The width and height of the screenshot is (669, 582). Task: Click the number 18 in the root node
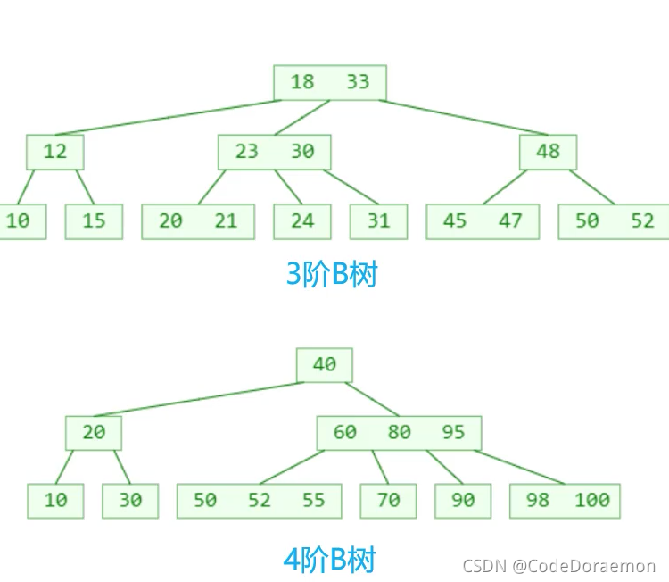tap(302, 82)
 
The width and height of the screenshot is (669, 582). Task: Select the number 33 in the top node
tap(358, 82)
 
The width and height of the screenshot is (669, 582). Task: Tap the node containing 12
tap(55, 152)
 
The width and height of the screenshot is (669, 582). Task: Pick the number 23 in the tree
tap(247, 152)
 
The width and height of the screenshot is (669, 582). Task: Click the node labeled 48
tap(548, 152)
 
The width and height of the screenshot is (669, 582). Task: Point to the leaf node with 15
tap(94, 221)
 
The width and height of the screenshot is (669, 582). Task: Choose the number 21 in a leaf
tap(226, 221)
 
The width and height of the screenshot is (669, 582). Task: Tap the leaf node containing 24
tap(302, 221)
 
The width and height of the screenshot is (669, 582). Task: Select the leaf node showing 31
tap(378, 221)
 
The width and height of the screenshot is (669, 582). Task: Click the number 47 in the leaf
tap(510, 221)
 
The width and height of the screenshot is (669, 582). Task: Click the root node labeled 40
tap(325, 364)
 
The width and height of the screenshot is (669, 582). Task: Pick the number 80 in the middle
tap(399, 433)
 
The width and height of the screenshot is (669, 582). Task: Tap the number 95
tap(453, 433)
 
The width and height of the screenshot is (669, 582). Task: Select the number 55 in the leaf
tap(313, 501)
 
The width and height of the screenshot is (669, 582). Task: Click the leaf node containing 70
tap(388, 501)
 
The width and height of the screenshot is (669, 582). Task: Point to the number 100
tap(592, 501)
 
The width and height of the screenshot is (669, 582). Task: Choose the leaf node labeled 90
tap(463, 501)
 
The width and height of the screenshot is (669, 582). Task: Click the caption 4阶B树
tap(329, 561)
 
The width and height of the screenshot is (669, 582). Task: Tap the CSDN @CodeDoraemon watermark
tap(559, 566)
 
